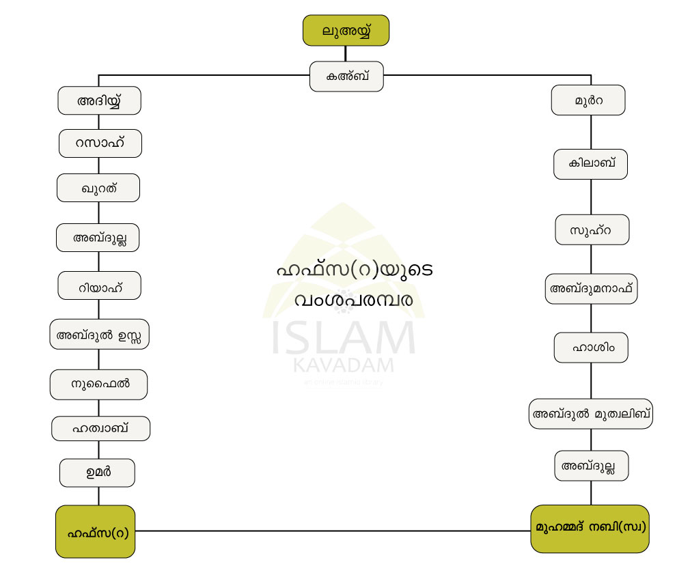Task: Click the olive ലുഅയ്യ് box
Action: click(346, 31)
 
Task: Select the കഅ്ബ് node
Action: click(346, 76)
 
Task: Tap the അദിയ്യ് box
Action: click(99, 100)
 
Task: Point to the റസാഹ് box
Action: click(100, 143)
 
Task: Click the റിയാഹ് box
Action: click(100, 285)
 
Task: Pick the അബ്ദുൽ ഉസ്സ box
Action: click(100, 335)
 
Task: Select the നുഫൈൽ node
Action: click(99, 384)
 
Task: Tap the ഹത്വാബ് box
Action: click(100, 429)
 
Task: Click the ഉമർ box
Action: click(97, 473)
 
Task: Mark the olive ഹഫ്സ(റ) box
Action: click(95, 531)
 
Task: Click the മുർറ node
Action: click(588, 100)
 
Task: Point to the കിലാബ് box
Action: click(590, 164)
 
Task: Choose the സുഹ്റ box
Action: click(592, 229)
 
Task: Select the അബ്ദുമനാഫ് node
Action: click(592, 288)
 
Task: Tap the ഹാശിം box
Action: click(591, 347)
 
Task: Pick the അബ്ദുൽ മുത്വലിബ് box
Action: click(591, 413)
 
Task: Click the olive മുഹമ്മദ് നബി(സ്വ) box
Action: click(590, 529)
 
